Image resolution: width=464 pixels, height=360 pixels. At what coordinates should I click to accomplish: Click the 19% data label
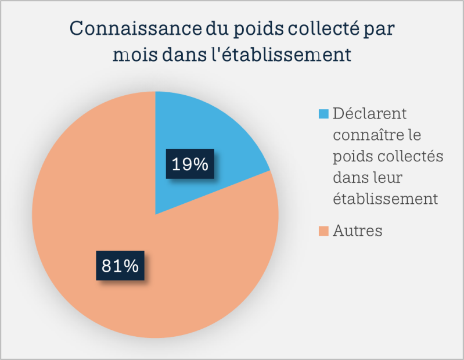(x=190, y=164)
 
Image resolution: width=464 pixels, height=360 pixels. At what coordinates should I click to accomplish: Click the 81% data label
(x=120, y=266)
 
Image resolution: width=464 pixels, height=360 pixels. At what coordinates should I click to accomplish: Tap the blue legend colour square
(x=324, y=112)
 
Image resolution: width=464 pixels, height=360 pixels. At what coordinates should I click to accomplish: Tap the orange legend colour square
(x=324, y=231)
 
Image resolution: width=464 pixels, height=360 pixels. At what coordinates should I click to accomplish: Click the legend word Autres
(x=358, y=231)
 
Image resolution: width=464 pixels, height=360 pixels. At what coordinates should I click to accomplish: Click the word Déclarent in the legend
(x=369, y=112)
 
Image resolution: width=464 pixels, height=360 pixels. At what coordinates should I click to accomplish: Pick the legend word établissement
(x=386, y=198)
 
